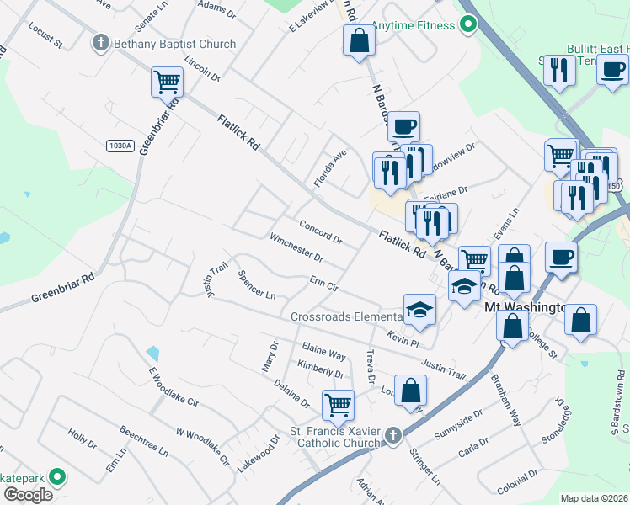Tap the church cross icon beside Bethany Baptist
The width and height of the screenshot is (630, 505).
click(101, 43)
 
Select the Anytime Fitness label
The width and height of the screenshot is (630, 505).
click(412, 25)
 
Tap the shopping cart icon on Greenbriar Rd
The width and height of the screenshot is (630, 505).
click(167, 82)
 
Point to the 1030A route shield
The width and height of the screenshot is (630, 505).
click(120, 146)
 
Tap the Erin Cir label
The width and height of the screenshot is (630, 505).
click(324, 285)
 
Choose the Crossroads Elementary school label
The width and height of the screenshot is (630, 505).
click(347, 317)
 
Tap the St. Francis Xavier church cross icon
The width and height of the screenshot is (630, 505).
click(392, 435)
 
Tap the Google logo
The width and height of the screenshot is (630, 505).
click(28, 494)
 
